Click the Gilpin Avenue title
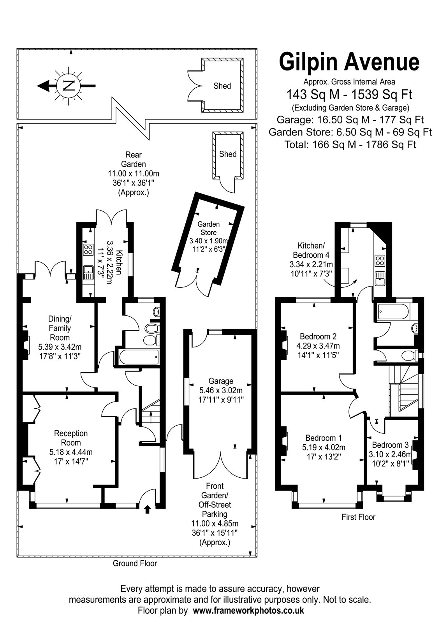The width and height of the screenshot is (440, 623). tap(349, 63)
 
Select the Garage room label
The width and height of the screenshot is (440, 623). tap(221, 381)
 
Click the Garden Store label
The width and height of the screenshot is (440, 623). tap(209, 228)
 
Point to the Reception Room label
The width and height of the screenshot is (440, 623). tap(71, 438)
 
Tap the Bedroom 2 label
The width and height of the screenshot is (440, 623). tap(318, 336)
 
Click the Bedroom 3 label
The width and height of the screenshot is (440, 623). tap(390, 445)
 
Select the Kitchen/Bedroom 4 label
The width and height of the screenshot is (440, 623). tap(311, 250)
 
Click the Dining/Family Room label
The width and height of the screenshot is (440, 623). tap(60, 328)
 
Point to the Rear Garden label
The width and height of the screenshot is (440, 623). tap(134, 159)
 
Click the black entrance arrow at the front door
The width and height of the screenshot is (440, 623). tap(148, 509)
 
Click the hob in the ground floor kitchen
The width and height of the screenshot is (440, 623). tap(88, 250)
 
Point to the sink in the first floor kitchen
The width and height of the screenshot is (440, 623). tap(380, 278)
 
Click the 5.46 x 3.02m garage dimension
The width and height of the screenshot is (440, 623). tap(221, 391)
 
